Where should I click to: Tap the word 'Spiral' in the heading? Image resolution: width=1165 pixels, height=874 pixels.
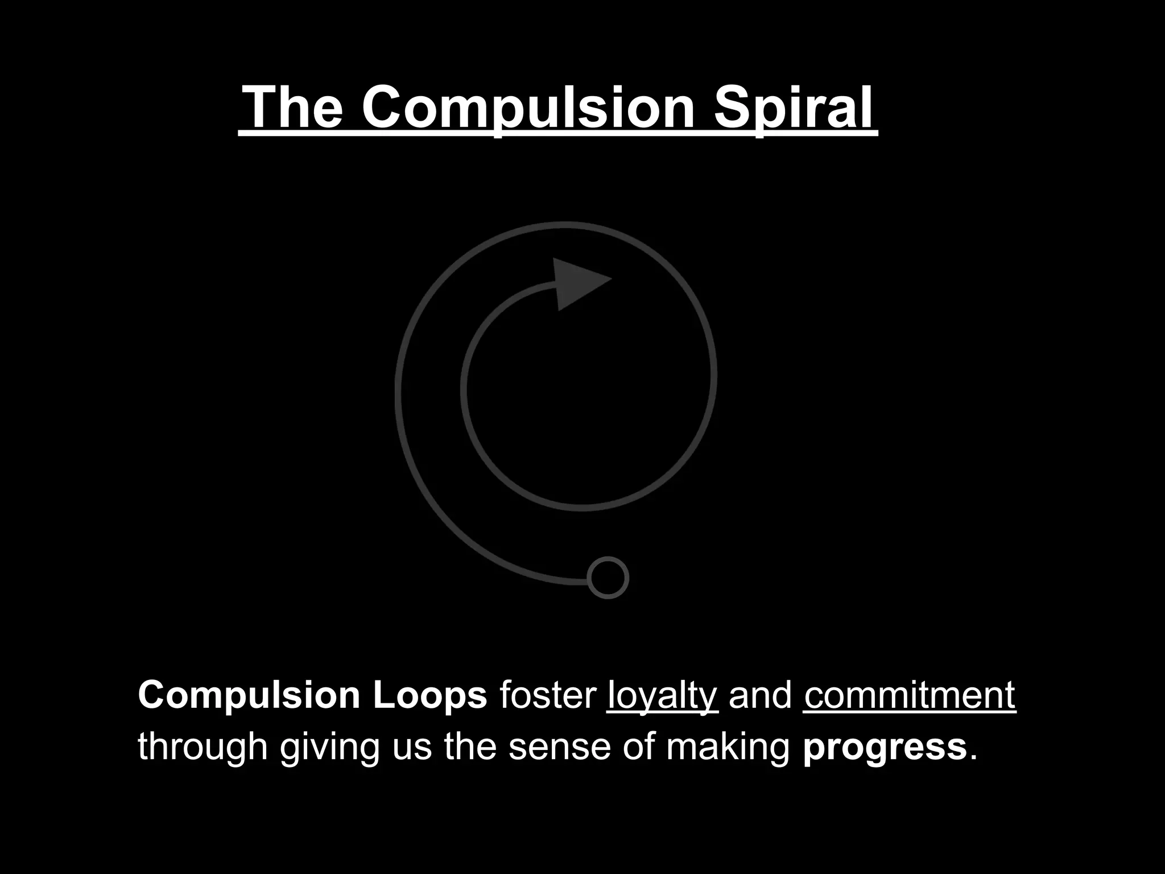(x=793, y=108)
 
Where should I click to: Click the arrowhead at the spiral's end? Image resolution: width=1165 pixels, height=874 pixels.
(x=577, y=283)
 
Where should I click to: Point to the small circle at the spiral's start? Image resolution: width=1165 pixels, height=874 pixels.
(x=608, y=578)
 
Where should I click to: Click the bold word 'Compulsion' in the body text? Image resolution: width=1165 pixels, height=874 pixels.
(x=249, y=695)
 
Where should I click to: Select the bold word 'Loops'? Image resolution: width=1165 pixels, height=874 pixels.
(x=430, y=695)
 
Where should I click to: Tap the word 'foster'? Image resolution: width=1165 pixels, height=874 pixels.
(x=547, y=695)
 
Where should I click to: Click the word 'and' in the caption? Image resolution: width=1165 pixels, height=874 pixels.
(x=761, y=695)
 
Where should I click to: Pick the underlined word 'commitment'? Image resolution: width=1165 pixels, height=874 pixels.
(x=910, y=695)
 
